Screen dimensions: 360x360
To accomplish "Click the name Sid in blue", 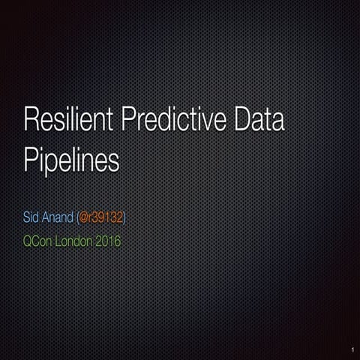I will click(34, 217).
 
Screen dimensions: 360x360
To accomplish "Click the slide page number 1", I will click(350, 349).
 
